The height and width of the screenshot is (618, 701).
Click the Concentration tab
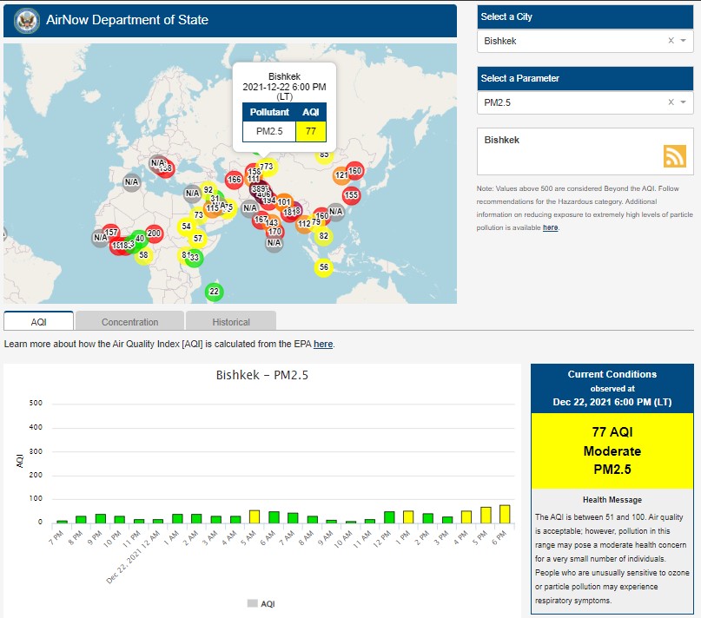click(129, 321)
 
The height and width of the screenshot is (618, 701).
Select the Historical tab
click(230, 321)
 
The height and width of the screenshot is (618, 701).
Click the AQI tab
click(38, 321)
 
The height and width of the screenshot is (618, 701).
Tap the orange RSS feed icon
click(675, 155)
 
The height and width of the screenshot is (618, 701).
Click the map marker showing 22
click(214, 292)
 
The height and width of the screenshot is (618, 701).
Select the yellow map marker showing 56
click(323, 267)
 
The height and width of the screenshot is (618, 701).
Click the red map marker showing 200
click(154, 233)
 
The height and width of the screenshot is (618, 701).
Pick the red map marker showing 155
click(351, 195)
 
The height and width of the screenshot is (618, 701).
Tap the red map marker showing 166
click(234, 180)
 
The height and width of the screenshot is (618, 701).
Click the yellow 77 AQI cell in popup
click(310, 131)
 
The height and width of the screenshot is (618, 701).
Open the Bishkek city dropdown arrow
click(684, 41)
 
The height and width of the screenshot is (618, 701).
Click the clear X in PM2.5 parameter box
click(671, 102)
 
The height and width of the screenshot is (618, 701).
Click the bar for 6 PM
click(505, 514)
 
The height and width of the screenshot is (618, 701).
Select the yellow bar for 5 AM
click(255, 516)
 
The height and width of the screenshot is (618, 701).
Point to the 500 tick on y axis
click(36, 403)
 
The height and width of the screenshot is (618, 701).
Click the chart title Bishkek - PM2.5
click(261, 376)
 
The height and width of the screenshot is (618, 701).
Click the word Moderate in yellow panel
click(612, 451)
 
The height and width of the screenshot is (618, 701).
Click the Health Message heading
click(612, 500)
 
